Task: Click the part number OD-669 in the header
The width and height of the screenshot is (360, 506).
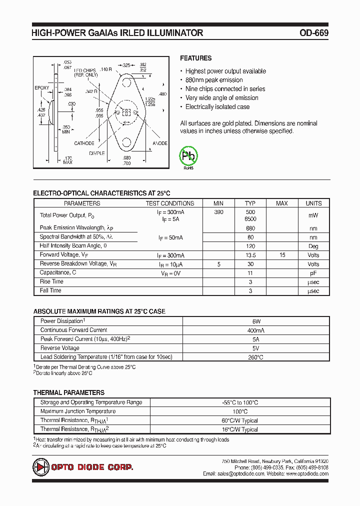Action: (x=313, y=33)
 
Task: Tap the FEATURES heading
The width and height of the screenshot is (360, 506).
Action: (x=195, y=58)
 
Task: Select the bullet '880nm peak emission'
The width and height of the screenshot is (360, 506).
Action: (x=213, y=80)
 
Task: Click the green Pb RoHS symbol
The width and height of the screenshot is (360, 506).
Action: (x=189, y=156)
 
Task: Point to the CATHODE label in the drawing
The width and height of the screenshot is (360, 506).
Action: (x=84, y=143)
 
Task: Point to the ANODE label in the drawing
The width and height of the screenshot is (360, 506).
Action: (x=160, y=143)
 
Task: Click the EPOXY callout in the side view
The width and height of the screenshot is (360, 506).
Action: (x=42, y=88)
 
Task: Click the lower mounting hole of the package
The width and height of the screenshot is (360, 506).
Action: (x=126, y=143)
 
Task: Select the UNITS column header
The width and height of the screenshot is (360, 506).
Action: (x=313, y=203)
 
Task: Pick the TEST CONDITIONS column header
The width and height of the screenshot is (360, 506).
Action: (x=170, y=203)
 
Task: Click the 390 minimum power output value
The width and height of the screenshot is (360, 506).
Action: (x=218, y=212)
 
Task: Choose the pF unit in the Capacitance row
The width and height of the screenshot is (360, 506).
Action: (x=313, y=273)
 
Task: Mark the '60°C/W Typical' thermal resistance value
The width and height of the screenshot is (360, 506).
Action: (x=240, y=420)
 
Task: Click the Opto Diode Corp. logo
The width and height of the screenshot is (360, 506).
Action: (x=83, y=467)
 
